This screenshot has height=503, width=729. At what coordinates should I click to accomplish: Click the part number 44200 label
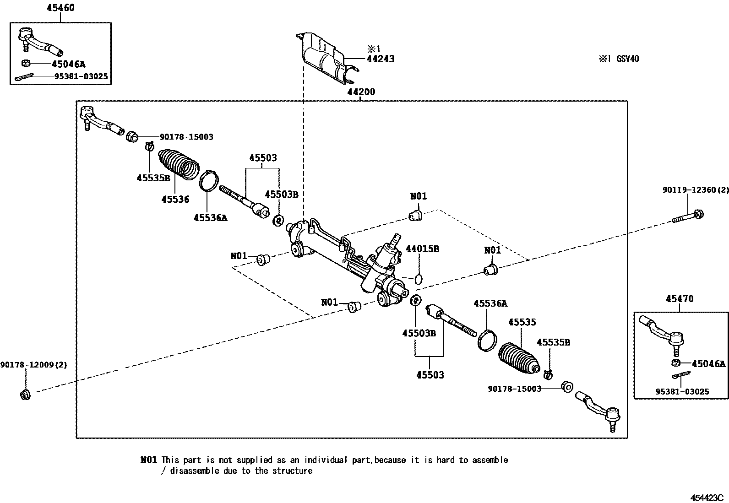pos(361,92)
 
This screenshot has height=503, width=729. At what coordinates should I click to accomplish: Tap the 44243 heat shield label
pos(380,59)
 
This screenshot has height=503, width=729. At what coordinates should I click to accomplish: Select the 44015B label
pos(422,249)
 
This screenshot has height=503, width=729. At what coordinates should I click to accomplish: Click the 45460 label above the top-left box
pos(60,8)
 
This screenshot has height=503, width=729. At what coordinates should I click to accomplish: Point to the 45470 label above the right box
pos(680,299)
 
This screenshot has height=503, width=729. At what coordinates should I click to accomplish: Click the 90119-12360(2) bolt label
pos(695,189)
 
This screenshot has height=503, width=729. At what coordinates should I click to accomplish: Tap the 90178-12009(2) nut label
pos(33,365)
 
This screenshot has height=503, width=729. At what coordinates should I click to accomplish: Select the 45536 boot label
pos(175,199)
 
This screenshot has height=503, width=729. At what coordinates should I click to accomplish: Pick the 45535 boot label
pos(522,322)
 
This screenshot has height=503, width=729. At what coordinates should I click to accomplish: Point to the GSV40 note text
pos(627,59)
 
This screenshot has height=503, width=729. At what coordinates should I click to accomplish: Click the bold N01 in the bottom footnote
pos(149,460)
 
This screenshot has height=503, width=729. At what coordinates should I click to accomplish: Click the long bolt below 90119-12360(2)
pos(688,216)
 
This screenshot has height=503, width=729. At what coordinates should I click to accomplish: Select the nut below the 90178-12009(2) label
pos(26,394)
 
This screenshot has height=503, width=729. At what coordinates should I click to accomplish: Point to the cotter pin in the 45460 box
pos(23,78)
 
